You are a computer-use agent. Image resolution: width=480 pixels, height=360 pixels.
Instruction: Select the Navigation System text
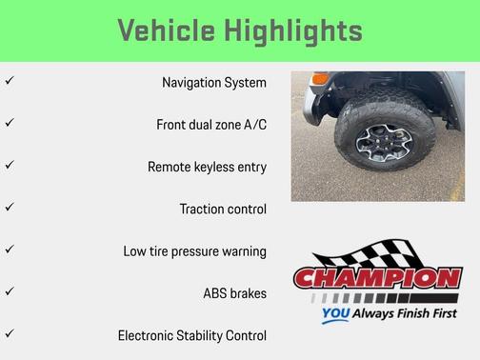tap(214, 83)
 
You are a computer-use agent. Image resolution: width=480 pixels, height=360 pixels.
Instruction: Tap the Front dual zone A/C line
tap(211, 125)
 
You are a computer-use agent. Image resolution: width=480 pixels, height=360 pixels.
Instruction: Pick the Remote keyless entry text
tap(207, 167)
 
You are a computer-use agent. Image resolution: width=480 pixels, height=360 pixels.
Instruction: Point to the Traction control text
tap(223, 209)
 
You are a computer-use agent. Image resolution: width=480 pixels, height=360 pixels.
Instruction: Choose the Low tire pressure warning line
tap(194, 251)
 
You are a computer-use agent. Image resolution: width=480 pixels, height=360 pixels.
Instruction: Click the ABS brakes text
tap(234, 293)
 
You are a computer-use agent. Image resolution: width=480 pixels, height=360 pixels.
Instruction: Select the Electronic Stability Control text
tap(191, 335)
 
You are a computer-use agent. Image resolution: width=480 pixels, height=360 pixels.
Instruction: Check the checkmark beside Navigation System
tap(10, 82)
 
